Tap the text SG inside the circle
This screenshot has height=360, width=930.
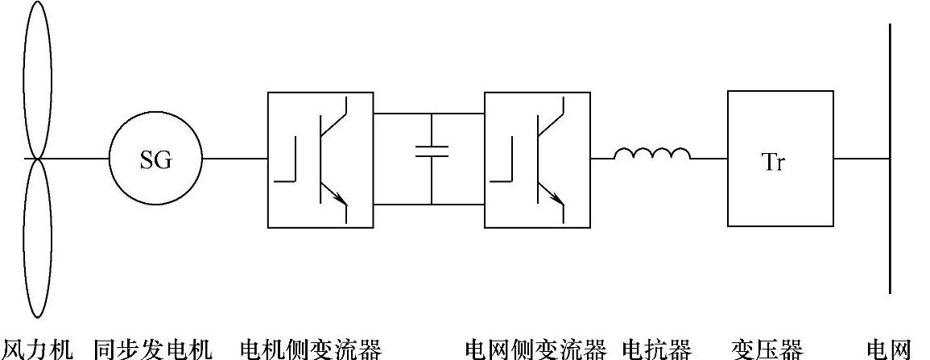(155, 160)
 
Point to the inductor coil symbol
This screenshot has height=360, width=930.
(652, 154)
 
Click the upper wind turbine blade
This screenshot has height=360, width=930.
(37, 81)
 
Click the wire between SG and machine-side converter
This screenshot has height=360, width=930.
(234, 159)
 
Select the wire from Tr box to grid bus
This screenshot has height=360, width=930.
(862, 159)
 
